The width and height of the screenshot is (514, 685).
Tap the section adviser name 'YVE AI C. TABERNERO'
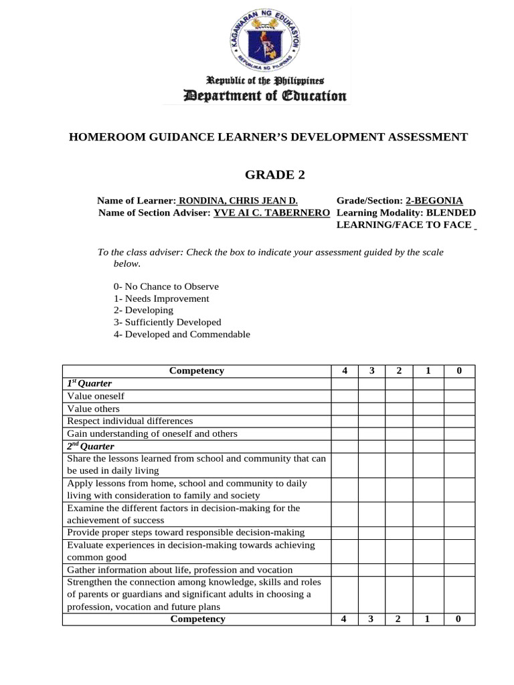(271, 213)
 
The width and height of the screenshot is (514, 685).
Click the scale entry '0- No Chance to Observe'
(166, 286)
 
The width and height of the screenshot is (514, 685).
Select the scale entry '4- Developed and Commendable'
(181, 334)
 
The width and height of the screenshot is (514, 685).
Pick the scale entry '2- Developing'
(143, 310)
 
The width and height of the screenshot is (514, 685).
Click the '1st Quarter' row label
(89, 383)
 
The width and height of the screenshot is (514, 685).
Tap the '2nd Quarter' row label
(90, 446)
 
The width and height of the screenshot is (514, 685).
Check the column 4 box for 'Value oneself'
(344, 396)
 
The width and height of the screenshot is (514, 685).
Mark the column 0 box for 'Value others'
(459, 409)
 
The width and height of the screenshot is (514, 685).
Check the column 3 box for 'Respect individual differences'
(371, 421)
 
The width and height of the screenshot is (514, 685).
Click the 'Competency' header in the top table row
(197, 371)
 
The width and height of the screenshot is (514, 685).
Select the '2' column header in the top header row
(398, 371)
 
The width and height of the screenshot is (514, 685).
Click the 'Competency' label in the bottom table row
(197, 619)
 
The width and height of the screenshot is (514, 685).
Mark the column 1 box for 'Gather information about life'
(428, 570)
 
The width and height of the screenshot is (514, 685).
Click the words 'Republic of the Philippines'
(256, 82)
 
